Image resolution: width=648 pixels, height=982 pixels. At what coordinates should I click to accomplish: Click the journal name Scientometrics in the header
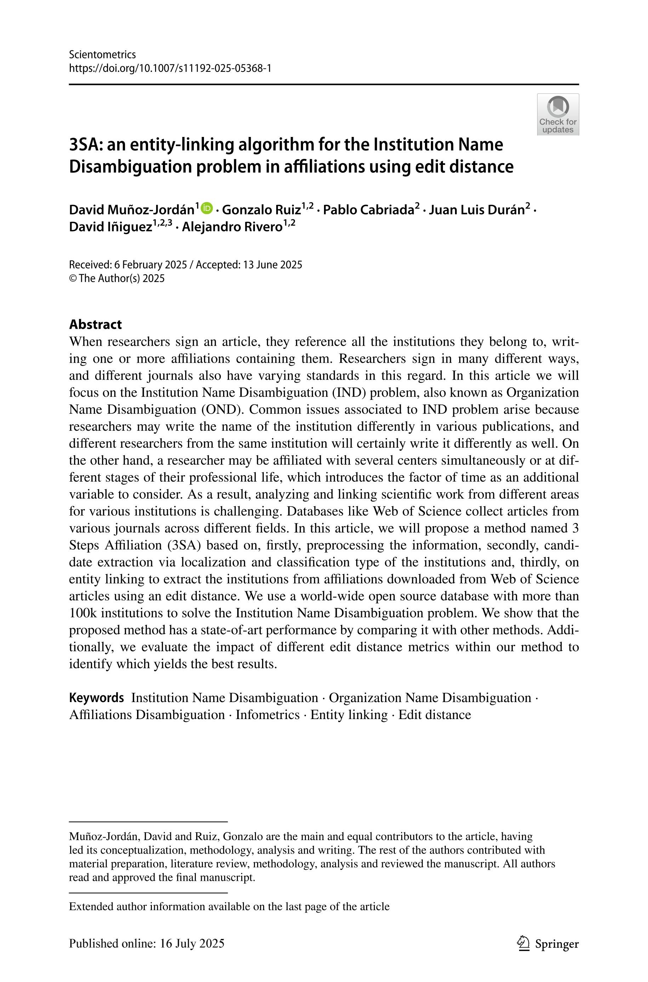click(x=102, y=54)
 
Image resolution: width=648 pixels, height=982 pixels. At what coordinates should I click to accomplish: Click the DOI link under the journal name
click(x=170, y=68)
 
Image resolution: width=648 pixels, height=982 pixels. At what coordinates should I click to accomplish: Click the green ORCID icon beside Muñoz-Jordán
click(x=207, y=208)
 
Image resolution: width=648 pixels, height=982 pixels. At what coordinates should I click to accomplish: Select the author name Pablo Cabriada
click(x=368, y=210)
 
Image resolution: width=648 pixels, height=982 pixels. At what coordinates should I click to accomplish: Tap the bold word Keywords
click(x=96, y=697)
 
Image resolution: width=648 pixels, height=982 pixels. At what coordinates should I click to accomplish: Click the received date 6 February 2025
click(x=150, y=265)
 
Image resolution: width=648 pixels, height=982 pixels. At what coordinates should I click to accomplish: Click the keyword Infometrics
click(x=267, y=715)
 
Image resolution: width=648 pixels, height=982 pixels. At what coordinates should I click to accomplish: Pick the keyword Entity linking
click(x=349, y=715)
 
